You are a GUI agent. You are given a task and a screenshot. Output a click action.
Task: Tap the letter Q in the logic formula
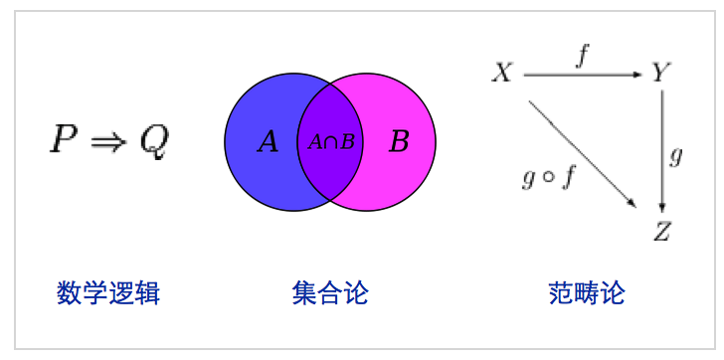click(153, 142)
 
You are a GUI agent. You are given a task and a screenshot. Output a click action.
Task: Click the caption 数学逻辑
click(108, 293)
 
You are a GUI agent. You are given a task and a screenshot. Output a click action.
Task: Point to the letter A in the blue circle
click(268, 142)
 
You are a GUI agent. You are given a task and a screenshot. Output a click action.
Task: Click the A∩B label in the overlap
click(331, 141)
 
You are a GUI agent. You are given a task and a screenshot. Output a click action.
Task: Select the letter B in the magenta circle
click(398, 142)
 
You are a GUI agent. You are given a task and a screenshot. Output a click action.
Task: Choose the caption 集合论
click(330, 293)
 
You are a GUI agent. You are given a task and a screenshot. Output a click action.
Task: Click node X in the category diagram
click(503, 73)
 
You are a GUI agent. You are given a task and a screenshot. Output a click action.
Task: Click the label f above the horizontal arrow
click(582, 57)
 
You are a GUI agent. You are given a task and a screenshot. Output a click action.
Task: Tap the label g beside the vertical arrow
click(676, 156)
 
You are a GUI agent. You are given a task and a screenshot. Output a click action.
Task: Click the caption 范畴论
click(587, 293)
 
